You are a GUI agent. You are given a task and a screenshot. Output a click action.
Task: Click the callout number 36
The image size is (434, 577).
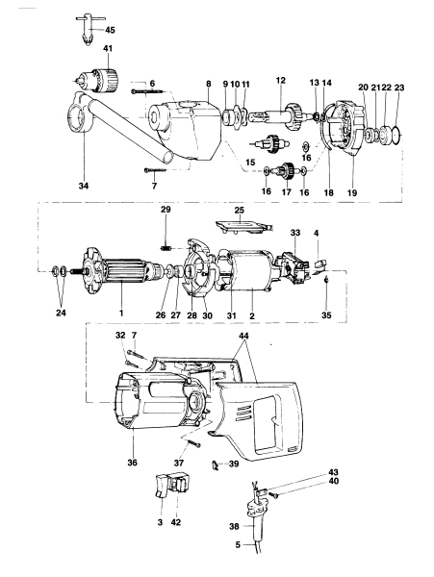pos(131,461)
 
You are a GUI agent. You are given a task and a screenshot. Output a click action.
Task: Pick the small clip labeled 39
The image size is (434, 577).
pos(216,464)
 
